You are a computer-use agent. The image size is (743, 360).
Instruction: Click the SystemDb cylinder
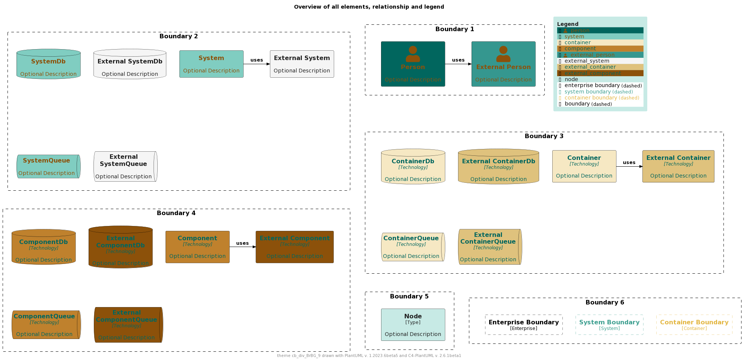click(x=48, y=64)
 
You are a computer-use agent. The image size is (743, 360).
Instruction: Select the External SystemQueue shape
click(x=125, y=166)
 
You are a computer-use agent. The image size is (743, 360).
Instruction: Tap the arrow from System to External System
click(x=256, y=64)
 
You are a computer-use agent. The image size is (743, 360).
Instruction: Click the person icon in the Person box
click(x=413, y=54)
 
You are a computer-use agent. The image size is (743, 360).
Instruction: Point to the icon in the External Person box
click(x=503, y=54)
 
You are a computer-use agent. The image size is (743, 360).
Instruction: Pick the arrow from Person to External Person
click(x=458, y=64)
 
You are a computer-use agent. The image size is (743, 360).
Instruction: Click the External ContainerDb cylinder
click(x=498, y=166)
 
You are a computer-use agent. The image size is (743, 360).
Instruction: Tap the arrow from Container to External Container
click(x=629, y=166)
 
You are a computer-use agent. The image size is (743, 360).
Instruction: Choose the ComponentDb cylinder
click(x=44, y=247)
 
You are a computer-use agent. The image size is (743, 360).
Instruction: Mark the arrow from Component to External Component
click(x=242, y=247)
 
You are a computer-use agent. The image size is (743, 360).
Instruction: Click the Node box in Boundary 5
click(x=413, y=325)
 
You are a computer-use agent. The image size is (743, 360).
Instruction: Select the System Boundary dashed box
click(x=609, y=325)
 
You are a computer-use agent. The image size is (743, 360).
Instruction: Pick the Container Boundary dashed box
click(x=694, y=325)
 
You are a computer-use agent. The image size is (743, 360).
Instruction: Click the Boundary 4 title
click(x=176, y=213)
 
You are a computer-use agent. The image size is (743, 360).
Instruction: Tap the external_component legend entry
click(x=592, y=73)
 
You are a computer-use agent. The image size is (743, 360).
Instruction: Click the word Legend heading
click(x=567, y=24)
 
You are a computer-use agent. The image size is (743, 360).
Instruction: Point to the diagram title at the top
click(x=369, y=7)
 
